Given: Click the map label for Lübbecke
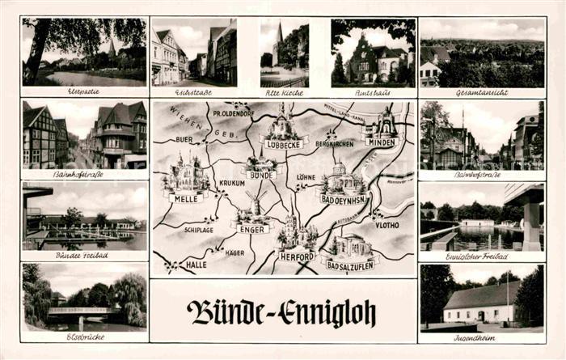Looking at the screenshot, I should click(x=282, y=145).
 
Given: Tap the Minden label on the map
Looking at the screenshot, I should click(x=382, y=142).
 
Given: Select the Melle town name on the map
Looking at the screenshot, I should click(x=184, y=198).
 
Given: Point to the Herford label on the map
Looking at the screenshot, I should click(x=297, y=256).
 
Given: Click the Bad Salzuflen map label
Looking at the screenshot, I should click(x=349, y=264).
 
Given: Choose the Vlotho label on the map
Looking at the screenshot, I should click(x=386, y=225).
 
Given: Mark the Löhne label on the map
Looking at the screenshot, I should click(x=306, y=176).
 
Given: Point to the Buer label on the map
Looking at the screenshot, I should click(x=185, y=139).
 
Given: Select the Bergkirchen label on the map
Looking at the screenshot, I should click(x=335, y=143).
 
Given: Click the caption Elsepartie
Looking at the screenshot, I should click(x=84, y=92).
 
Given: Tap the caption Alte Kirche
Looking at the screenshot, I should click(x=284, y=92).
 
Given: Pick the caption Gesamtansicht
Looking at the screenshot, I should click(x=482, y=93).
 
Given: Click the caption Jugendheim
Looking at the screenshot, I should click(x=481, y=337).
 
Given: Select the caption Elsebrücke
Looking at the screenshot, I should click(x=84, y=337).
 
